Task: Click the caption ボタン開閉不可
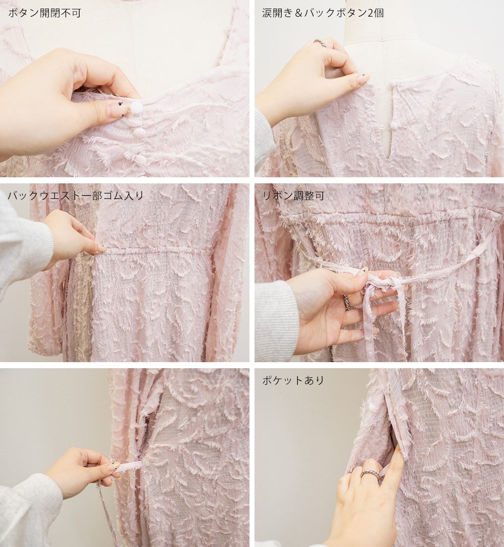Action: click(x=45, y=13)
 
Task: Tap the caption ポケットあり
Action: click(x=293, y=380)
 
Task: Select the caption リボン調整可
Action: click(x=293, y=196)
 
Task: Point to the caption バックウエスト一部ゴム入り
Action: click(x=76, y=196)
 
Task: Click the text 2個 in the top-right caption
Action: click(x=375, y=13)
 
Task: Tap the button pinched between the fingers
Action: click(x=136, y=108)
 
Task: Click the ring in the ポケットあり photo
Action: click(x=370, y=474)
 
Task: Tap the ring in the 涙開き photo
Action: click(x=320, y=44)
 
